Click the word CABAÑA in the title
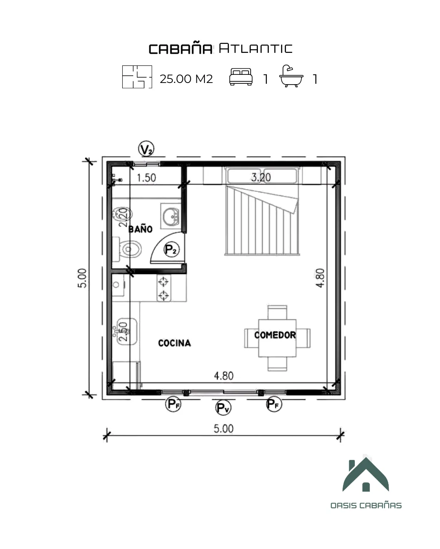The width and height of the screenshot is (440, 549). tap(180, 49)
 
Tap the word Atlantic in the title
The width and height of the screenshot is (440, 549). tap(255, 48)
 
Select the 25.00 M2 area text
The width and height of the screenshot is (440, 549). tap(186, 79)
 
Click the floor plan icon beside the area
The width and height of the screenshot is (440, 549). tap(137, 77)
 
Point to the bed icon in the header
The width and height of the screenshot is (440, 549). tap(241, 77)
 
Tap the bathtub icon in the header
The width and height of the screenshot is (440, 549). tap(291, 76)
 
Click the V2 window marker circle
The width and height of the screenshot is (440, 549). tap(146, 149)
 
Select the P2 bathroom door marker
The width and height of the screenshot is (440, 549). tap(172, 249)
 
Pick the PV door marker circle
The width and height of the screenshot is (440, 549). tap(223, 407)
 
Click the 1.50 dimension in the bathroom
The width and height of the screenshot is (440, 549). tap(146, 178)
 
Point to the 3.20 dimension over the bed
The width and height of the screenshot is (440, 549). tap(261, 177)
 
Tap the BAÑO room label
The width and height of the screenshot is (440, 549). tap(141, 229)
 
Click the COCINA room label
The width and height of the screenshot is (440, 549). tap(174, 343)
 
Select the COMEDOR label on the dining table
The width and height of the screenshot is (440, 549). tap(275, 335)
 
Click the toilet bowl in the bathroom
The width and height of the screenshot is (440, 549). tap(130, 249)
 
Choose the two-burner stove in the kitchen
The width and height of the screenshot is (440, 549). tap(163, 288)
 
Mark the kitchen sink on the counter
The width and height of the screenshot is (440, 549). tap(125, 331)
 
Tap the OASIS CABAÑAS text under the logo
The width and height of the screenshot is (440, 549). tap(366, 505)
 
